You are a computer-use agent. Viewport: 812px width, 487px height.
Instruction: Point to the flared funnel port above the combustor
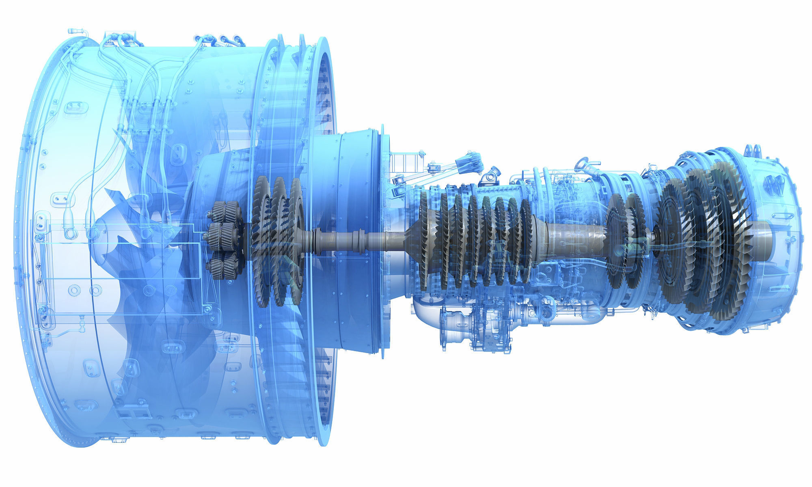[x=581, y=164]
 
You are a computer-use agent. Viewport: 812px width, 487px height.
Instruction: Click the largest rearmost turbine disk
[x=727, y=243]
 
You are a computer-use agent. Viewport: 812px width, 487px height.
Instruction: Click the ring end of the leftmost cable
[x=70, y=233]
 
